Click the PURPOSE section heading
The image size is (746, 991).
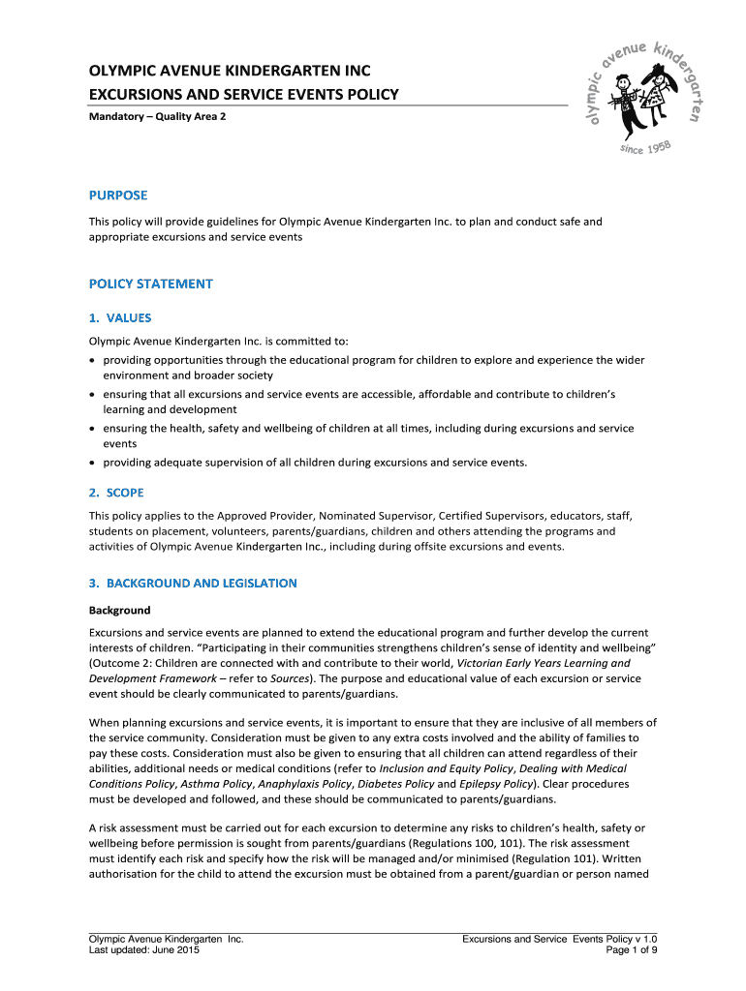click(x=118, y=195)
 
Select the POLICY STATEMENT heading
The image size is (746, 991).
click(x=150, y=284)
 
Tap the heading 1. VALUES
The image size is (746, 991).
click(x=120, y=317)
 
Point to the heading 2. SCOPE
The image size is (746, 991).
click(x=116, y=493)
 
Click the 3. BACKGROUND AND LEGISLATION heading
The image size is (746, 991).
click(x=193, y=584)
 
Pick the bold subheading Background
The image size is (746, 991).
click(x=120, y=611)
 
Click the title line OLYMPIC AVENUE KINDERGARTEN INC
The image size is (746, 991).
click(x=230, y=71)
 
